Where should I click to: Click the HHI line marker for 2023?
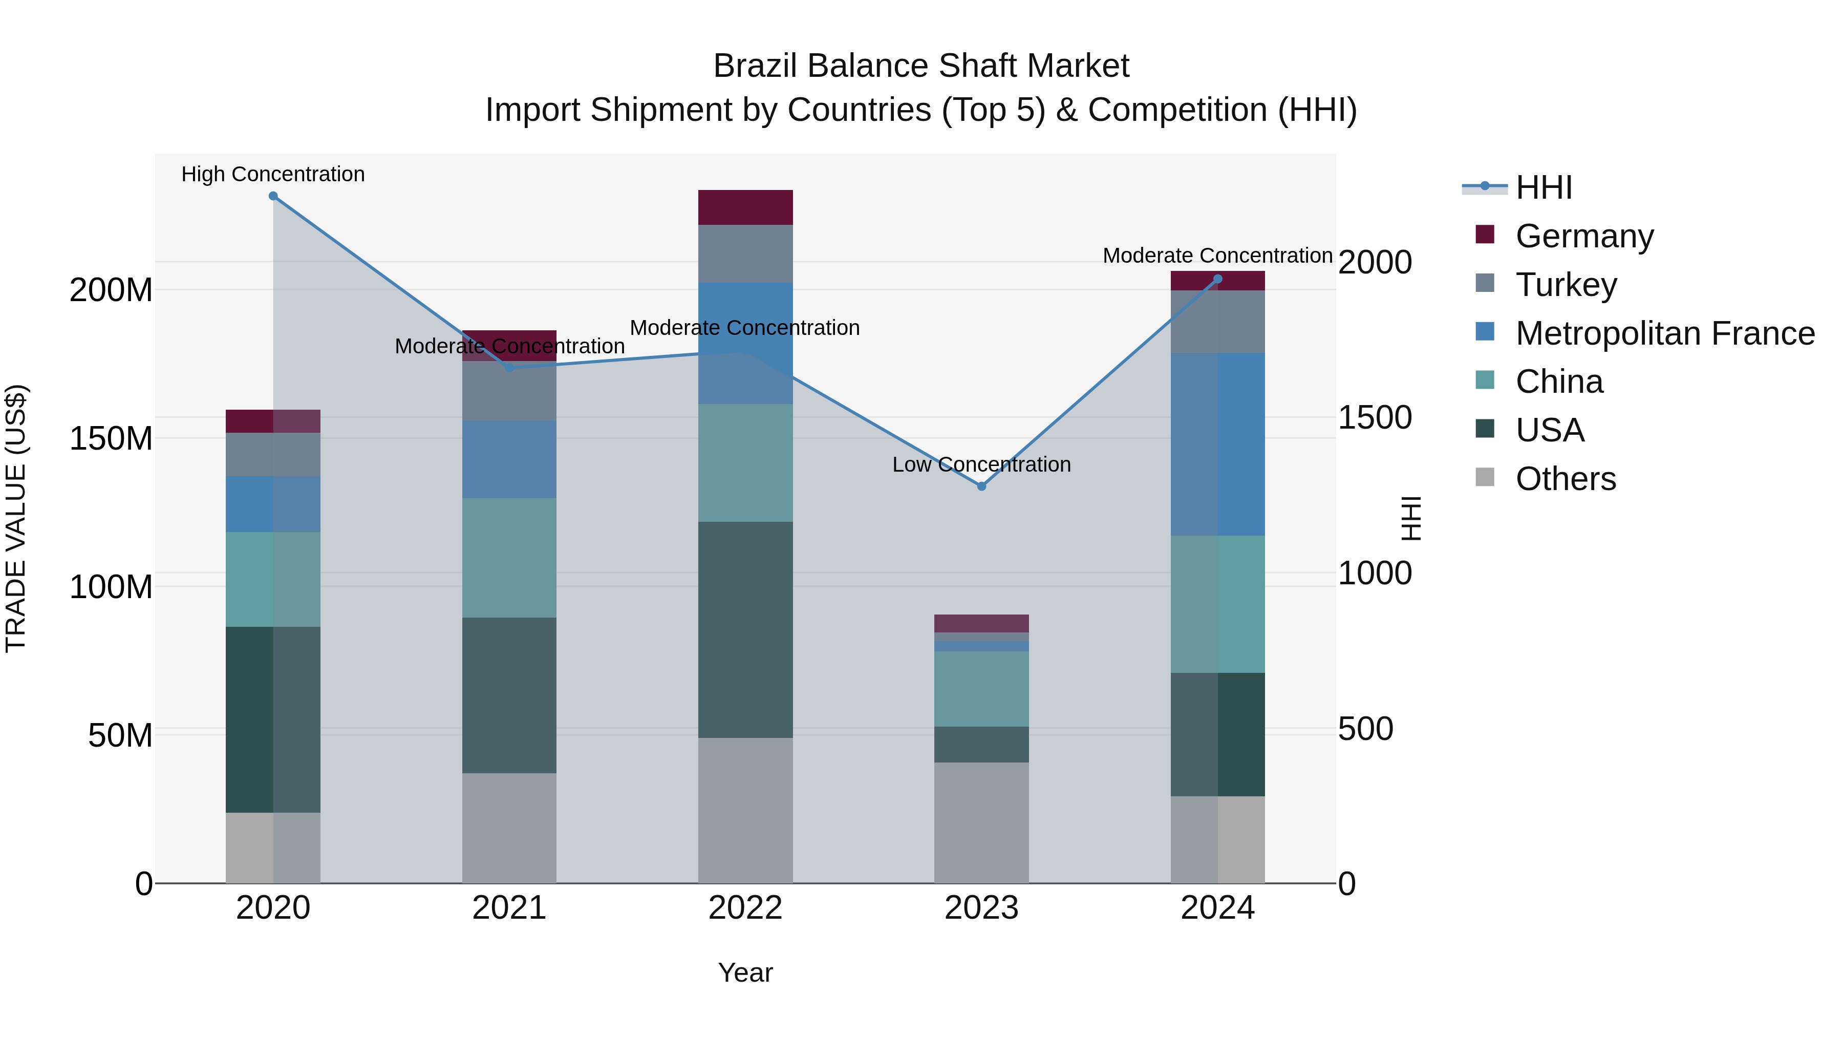(981, 486)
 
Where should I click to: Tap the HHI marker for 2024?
(1218, 279)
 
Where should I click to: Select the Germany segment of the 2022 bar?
(745, 207)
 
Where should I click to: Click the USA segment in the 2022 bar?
(745, 630)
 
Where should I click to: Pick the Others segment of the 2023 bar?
(981, 823)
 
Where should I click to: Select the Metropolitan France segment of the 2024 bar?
(1218, 443)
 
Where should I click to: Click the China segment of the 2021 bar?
(509, 558)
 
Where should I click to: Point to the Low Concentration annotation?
(981, 464)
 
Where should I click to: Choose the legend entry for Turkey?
(1566, 284)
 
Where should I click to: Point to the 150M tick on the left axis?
(111, 438)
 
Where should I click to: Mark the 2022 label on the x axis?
(745, 907)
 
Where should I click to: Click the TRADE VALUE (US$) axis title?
(16, 518)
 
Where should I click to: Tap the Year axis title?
(745, 972)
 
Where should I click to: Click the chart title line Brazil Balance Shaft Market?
(921, 66)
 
